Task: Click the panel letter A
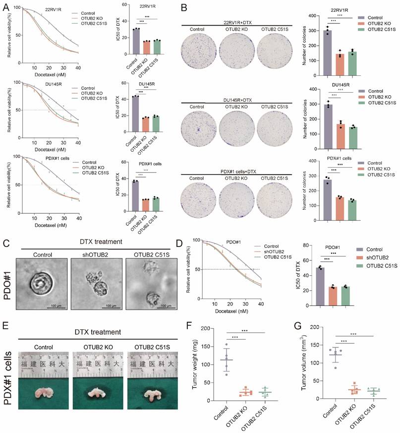[5, 8]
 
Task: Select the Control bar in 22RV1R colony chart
[328, 50]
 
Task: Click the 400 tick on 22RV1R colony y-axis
[311, 16]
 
